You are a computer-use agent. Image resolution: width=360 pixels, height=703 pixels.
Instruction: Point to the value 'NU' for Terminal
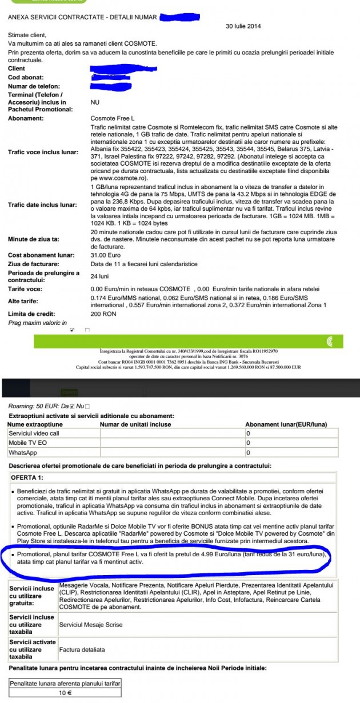coord(95,102)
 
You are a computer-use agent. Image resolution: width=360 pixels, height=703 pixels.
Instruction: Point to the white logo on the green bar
coord(329,342)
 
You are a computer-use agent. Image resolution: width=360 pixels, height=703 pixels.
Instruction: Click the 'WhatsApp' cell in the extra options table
coord(23,452)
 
